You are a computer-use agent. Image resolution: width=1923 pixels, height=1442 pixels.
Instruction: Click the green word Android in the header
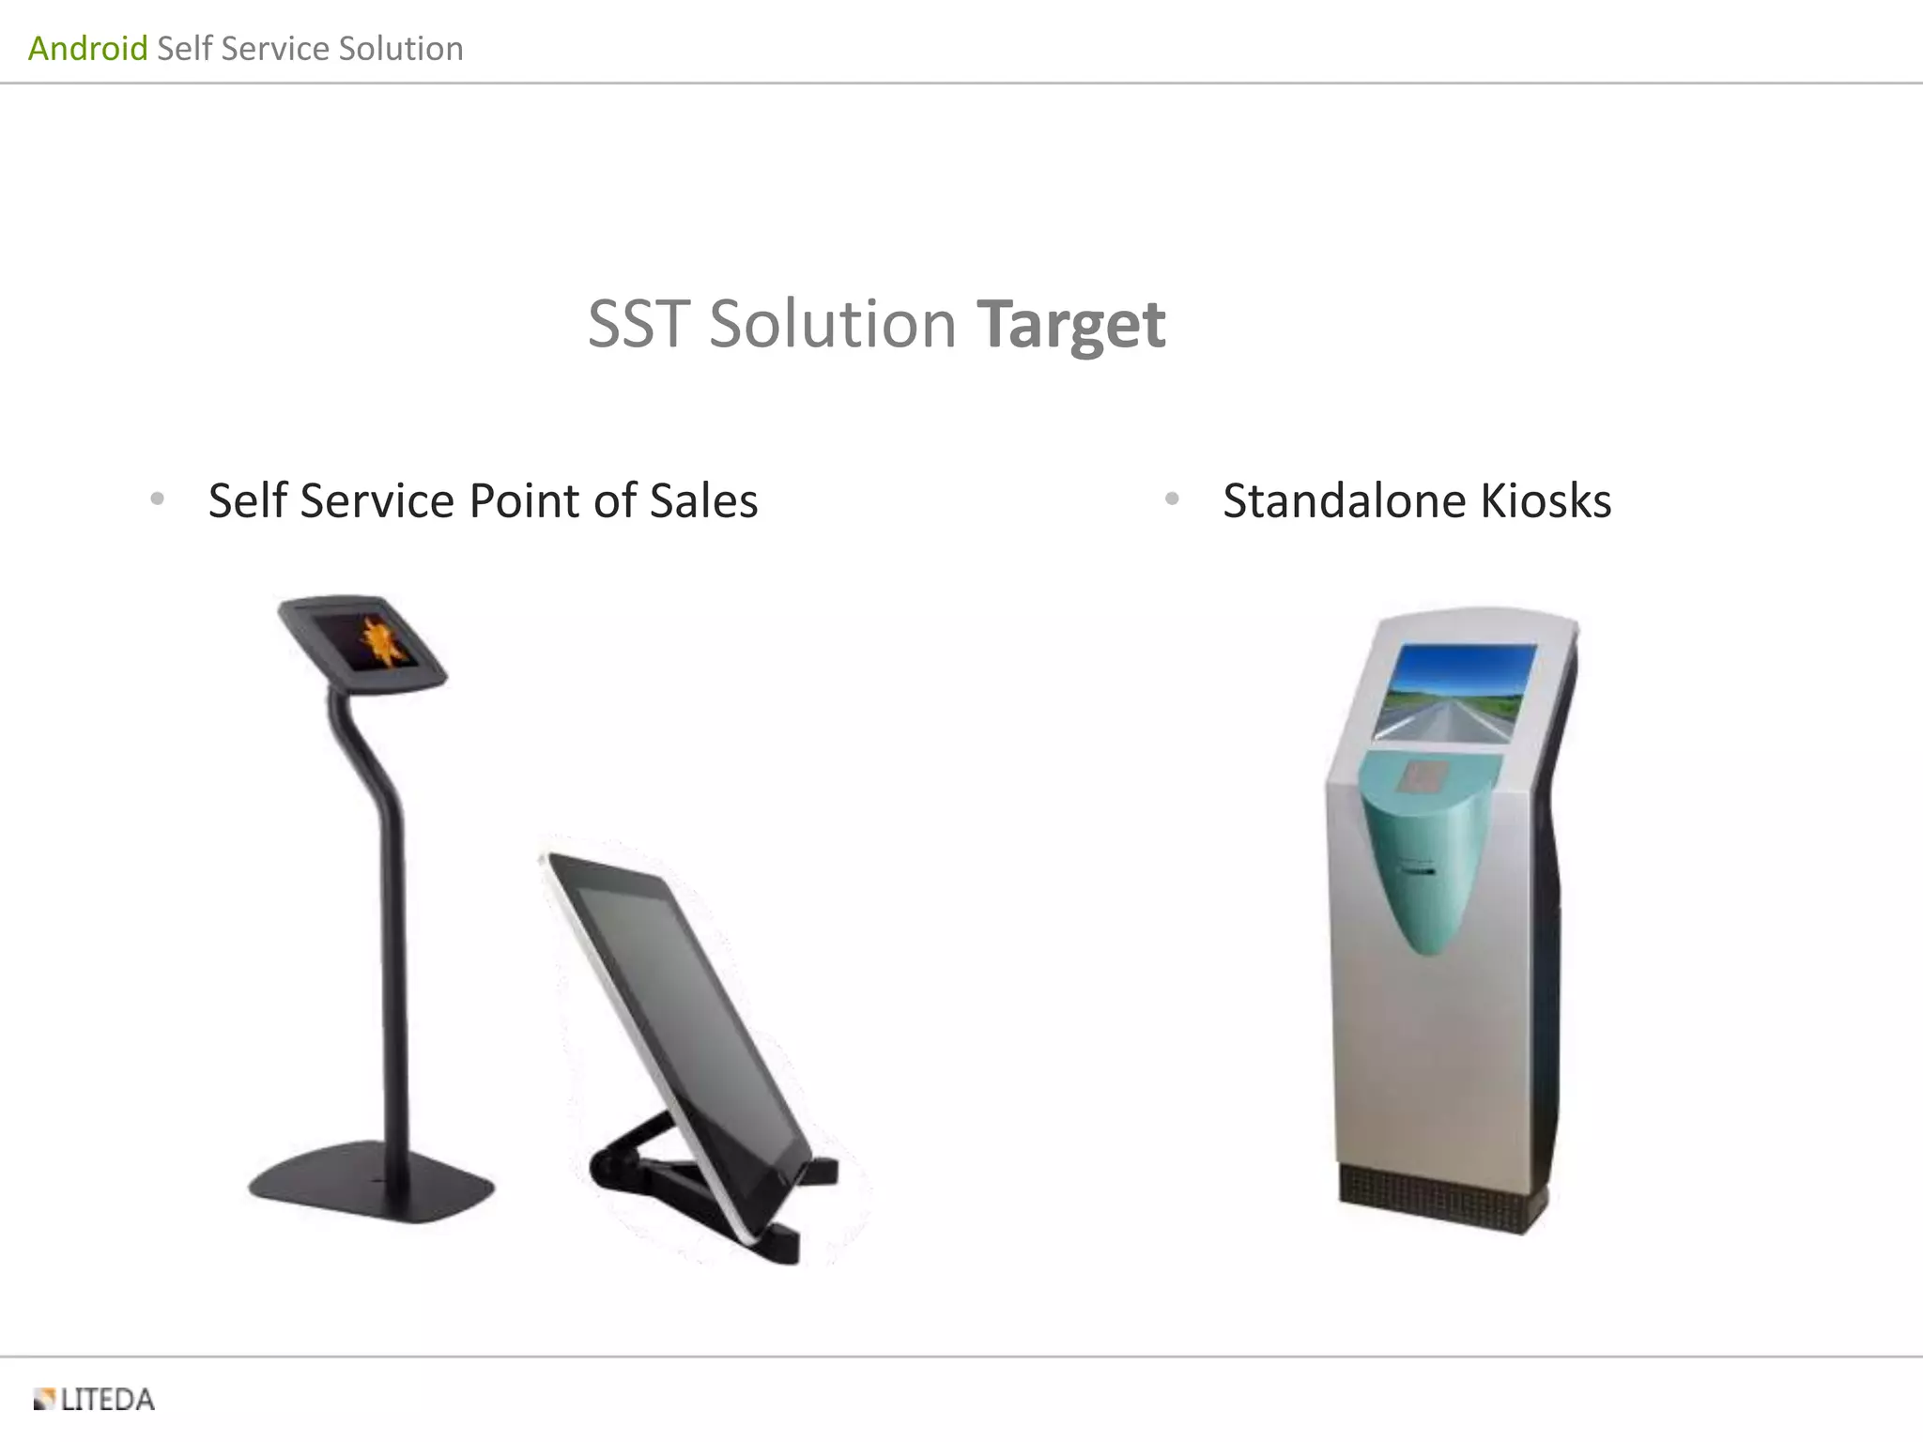tap(87, 48)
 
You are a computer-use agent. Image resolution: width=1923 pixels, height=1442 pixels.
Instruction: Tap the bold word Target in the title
tap(1070, 325)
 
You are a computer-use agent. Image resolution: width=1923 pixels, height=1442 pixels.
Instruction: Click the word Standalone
tap(1345, 500)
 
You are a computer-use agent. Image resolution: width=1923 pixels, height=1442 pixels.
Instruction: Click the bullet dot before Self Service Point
tap(158, 499)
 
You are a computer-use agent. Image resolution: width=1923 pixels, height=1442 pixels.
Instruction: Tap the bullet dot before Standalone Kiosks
tap(1172, 499)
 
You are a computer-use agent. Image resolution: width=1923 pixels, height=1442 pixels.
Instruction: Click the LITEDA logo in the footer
tap(94, 1400)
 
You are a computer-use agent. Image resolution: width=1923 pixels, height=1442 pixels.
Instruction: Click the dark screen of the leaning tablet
tap(681, 1005)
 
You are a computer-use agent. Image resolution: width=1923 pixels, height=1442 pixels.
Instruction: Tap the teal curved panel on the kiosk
tap(1427, 864)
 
